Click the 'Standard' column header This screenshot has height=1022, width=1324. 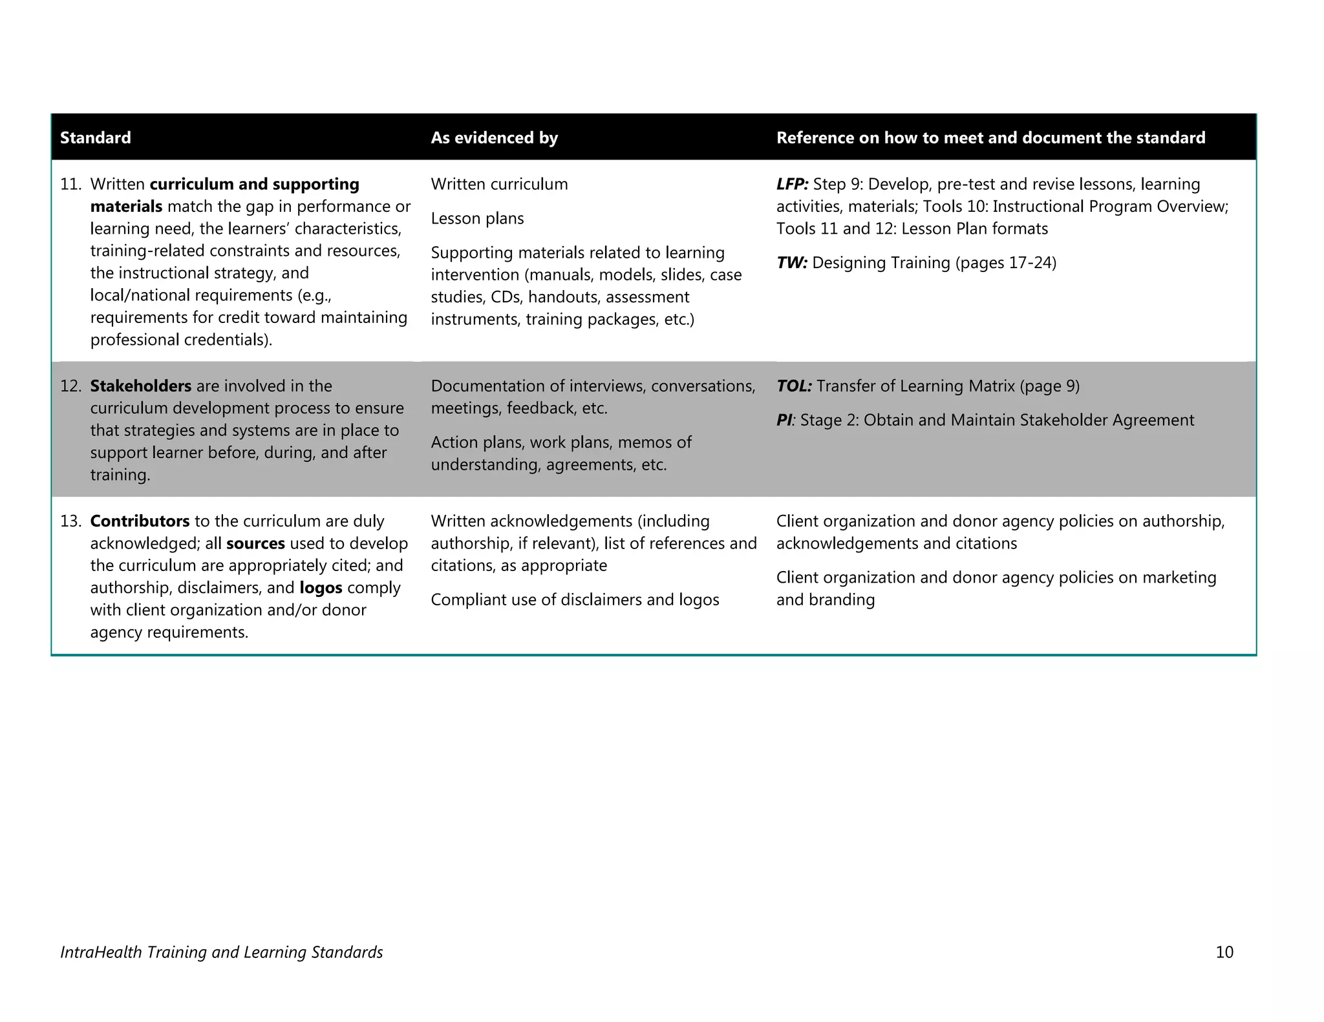[x=95, y=138]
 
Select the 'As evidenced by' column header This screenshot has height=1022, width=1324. [x=494, y=138]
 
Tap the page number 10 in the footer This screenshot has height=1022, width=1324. [x=1224, y=952]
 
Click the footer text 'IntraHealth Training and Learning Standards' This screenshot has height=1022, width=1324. [x=221, y=952]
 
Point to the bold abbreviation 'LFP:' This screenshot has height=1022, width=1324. [x=792, y=184]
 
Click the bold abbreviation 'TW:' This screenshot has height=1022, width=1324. [x=791, y=263]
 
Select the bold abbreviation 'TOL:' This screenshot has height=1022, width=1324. [x=794, y=386]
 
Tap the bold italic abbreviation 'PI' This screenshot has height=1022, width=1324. [x=784, y=420]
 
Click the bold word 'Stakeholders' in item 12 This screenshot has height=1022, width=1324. [x=140, y=386]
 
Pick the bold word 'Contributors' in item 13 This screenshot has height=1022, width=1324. [x=140, y=521]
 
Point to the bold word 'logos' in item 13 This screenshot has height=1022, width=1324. [x=321, y=588]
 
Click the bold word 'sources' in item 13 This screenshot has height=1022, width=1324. [x=255, y=543]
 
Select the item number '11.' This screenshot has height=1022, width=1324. [x=70, y=184]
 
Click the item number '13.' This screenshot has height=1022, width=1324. [x=70, y=521]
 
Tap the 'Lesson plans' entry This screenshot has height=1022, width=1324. [x=477, y=218]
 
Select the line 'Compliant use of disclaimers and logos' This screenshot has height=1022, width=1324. [x=575, y=600]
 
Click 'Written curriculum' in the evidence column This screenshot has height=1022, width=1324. [x=499, y=184]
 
